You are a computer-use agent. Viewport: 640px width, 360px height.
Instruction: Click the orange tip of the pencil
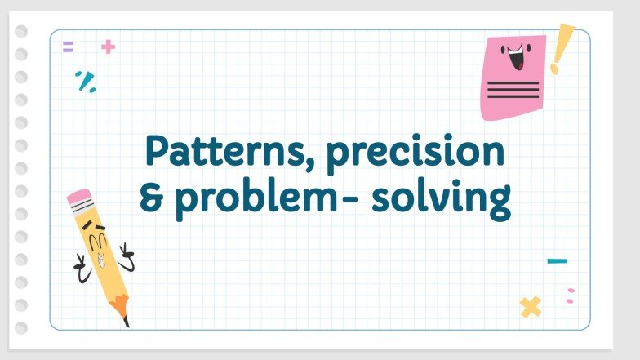(121, 309)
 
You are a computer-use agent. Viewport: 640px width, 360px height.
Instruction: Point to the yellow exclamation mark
(561, 48)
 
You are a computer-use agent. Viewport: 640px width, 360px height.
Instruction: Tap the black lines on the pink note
(513, 89)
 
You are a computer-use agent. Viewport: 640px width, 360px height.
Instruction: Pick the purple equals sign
(68, 47)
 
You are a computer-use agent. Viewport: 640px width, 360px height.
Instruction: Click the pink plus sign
(108, 47)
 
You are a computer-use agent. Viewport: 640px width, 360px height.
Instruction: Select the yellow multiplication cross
(531, 307)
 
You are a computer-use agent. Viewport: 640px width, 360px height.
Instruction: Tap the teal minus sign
(557, 261)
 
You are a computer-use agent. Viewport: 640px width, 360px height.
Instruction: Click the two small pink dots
(570, 296)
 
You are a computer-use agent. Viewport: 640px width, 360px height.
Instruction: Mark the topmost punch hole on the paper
(21, 31)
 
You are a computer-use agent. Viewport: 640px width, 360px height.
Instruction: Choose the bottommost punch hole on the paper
(21, 328)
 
